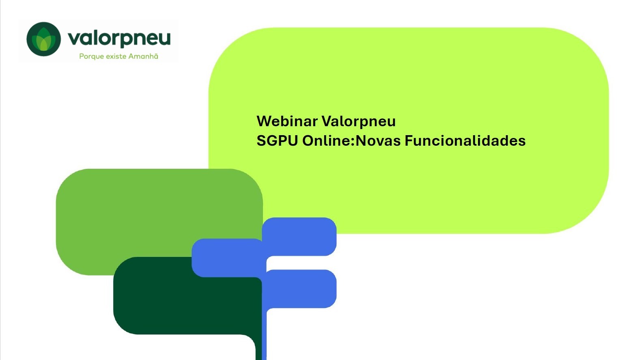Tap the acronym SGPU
coord(277,141)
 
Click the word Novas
coord(378,141)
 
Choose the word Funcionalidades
coord(465,141)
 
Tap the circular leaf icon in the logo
coord(43,39)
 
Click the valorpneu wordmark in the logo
coord(119,39)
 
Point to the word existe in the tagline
coord(116,56)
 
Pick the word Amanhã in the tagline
coord(143,56)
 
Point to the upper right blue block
coord(299,237)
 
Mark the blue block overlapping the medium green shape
coord(228,258)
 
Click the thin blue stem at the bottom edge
coord(264,334)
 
